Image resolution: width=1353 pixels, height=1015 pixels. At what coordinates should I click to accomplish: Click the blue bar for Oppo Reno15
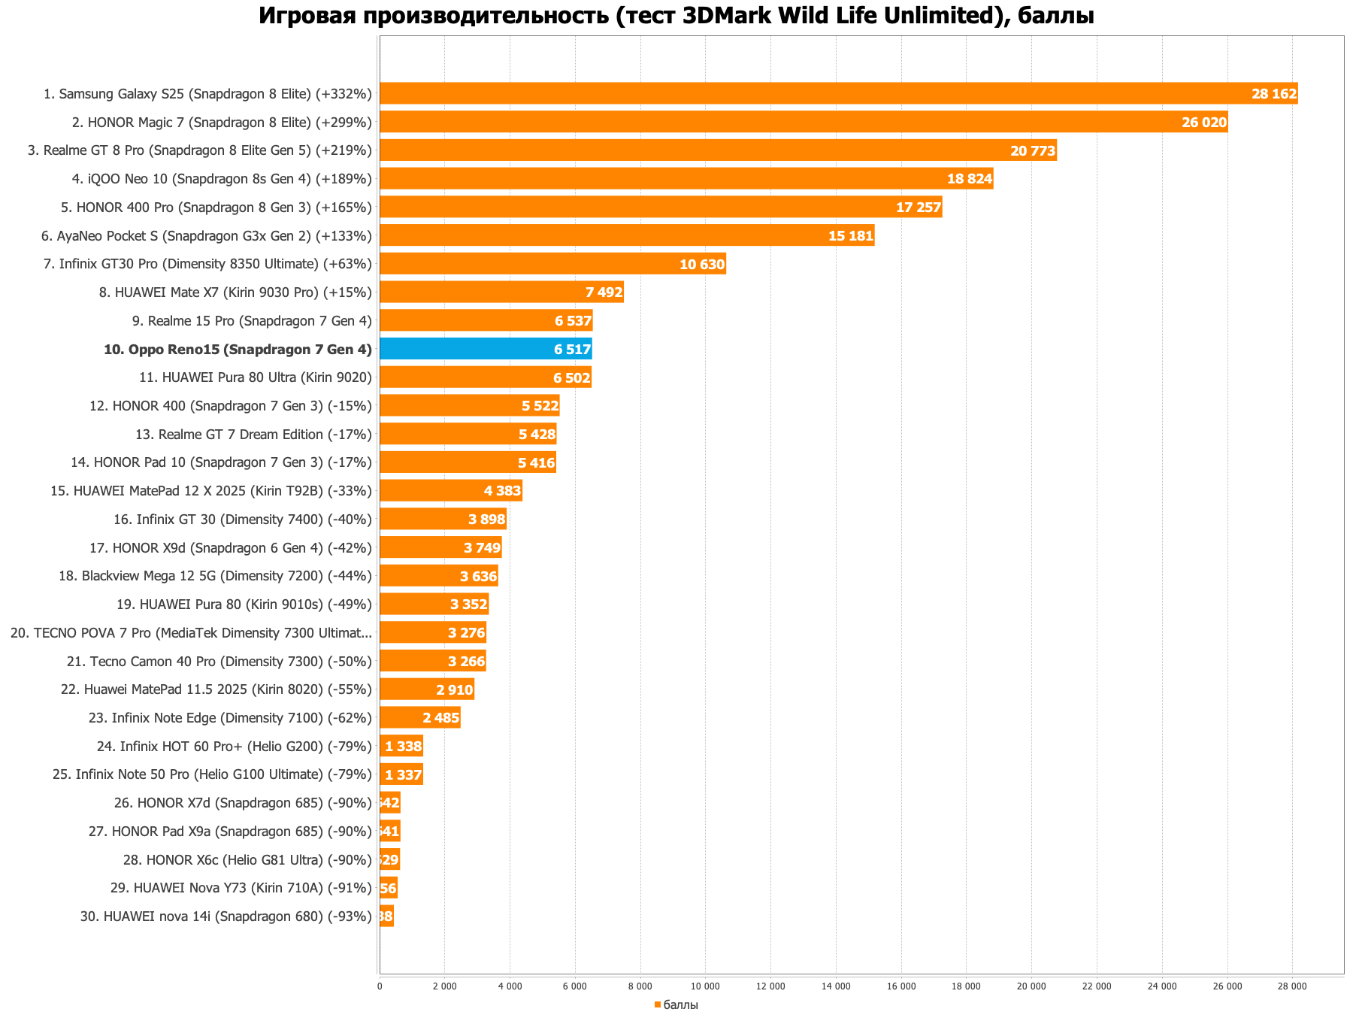coord(486,349)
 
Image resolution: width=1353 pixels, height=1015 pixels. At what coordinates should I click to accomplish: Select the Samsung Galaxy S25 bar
coord(838,94)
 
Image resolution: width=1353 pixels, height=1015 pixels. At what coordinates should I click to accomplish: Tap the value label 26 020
coord(1203,123)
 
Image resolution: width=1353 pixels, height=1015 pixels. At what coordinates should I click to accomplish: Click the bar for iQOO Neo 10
coord(686,179)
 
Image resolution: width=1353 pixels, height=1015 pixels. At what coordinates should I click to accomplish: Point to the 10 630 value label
coord(702,265)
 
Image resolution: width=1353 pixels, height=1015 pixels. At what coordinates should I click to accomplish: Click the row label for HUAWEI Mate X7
coord(235,292)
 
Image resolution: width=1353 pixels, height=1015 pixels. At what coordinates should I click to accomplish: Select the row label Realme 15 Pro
coord(252,321)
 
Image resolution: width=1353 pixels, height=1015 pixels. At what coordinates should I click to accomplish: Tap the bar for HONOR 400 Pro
coord(660,208)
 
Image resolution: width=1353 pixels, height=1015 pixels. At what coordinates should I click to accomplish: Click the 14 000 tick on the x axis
coord(836,986)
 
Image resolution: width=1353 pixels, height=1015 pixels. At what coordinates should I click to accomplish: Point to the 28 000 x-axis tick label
coord(1293,986)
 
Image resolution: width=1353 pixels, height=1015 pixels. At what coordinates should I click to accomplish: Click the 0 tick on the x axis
coord(380,986)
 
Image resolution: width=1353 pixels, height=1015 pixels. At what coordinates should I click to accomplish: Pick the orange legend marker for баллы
coord(657,1005)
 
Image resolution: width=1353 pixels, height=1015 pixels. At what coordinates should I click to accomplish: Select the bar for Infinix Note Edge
coord(419,718)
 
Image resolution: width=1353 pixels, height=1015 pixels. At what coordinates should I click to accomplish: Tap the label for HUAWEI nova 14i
coord(225,917)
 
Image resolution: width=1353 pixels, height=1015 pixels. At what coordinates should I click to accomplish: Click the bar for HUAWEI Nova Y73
coord(389,888)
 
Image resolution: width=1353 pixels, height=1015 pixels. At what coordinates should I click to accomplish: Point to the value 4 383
coord(502,491)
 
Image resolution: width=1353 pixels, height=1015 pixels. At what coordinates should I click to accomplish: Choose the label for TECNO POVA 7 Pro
coord(191,633)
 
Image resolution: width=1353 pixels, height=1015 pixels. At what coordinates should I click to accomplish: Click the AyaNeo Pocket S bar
coord(626,236)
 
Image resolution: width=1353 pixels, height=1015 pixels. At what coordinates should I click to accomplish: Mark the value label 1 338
coord(404,747)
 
